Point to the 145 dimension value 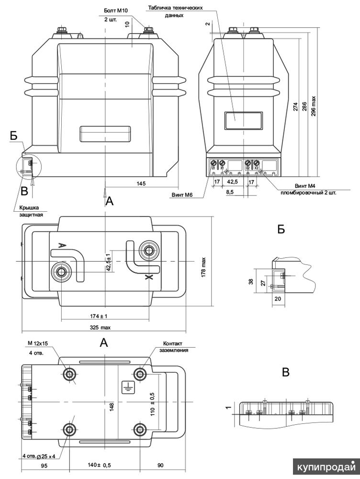[141, 183]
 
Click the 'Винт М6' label [181, 195]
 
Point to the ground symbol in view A [127, 387]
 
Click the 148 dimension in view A [111, 407]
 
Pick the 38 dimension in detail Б [251, 282]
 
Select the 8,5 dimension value [229, 192]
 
